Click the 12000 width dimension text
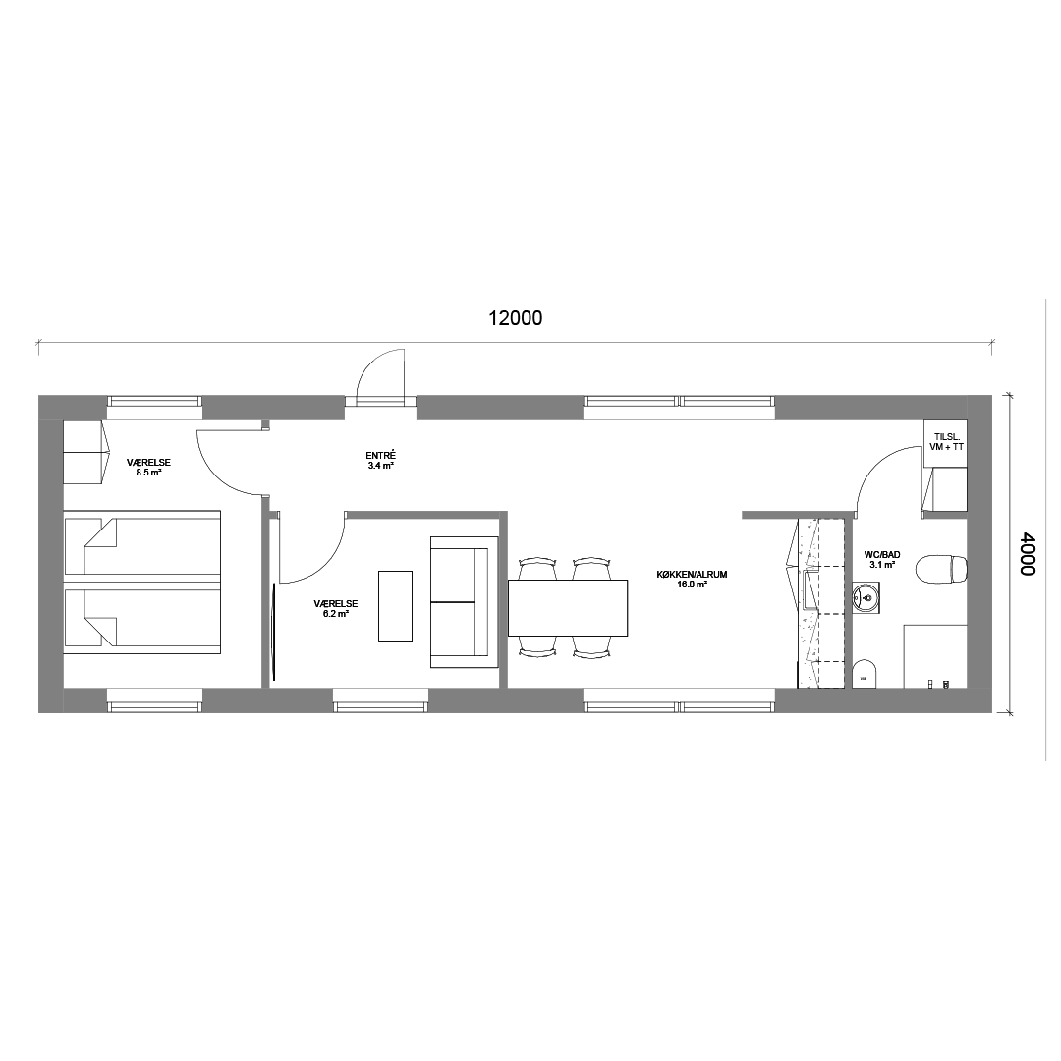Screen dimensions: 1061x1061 coord(516,318)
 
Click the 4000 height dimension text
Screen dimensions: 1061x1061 coord(1028,553)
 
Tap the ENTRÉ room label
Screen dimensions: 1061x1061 coord(380,460)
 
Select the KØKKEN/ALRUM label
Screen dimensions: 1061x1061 coord(692,580)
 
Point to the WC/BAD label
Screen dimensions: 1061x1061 coord(882,559)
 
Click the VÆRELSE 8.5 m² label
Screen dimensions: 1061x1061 coord(149,467)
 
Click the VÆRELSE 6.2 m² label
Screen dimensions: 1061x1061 coord(336,608)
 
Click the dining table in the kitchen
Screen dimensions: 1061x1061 coord(568,608)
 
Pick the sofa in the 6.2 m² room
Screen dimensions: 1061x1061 coord(464,602)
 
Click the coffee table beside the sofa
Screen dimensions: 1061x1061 coord(395,605)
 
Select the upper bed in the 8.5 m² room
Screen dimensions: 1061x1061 coord(142,544)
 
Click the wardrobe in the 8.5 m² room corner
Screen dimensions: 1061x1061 coord(85,452)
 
